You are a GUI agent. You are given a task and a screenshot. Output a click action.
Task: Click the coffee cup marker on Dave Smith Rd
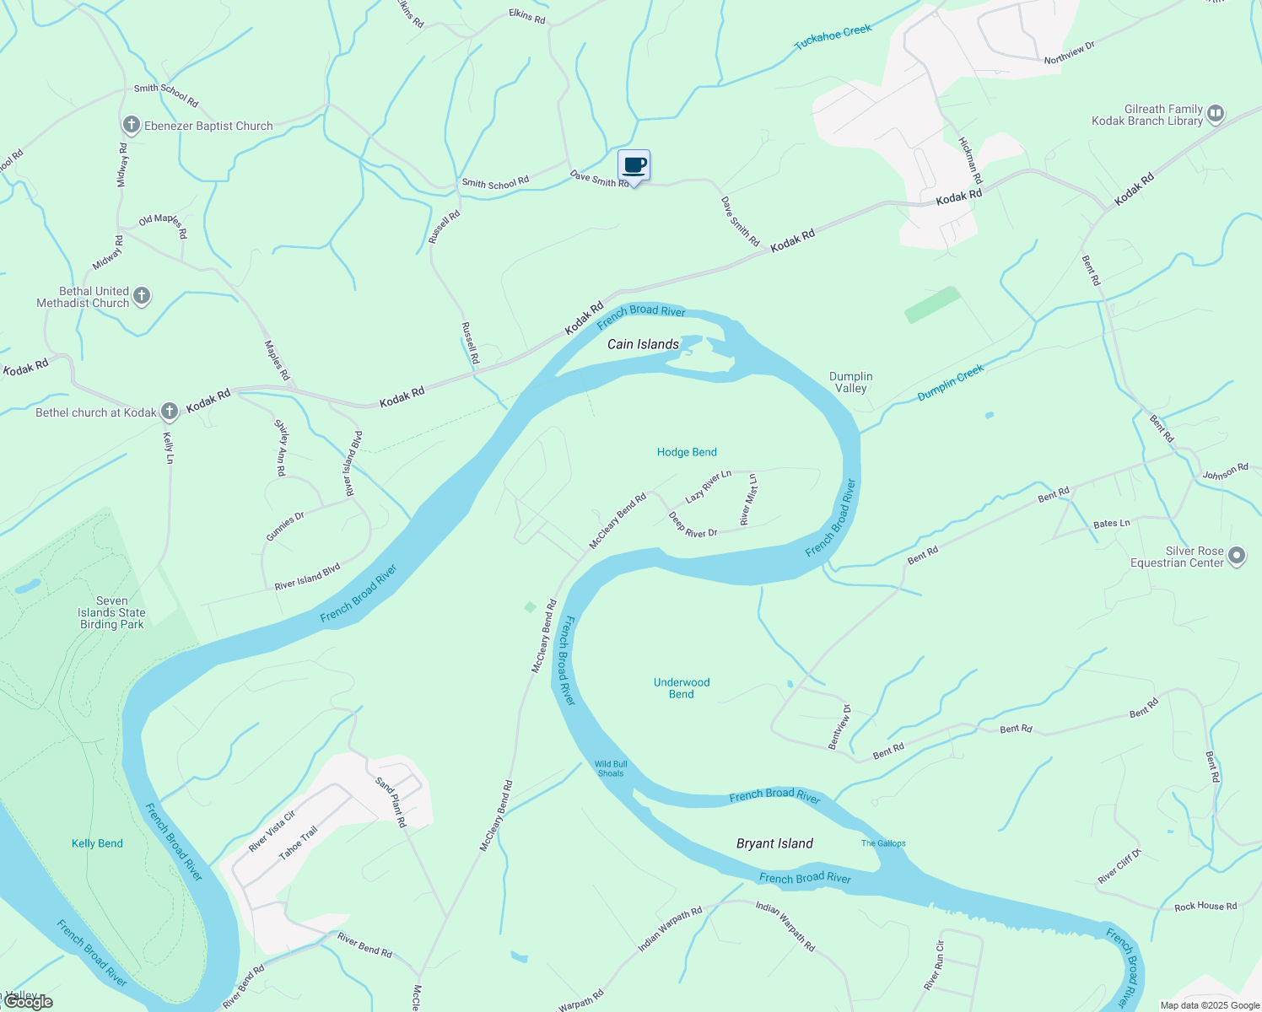pyautogui.click(x=634, y=165)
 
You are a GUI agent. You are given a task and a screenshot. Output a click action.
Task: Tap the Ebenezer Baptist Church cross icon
pyautogui.click(x=131, y=126)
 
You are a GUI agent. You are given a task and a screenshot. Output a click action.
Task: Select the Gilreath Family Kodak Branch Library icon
pyautogui.click(x=1216, y=114)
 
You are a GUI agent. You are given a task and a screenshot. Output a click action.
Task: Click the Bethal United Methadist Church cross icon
pyautogui.click(x=142, y=296)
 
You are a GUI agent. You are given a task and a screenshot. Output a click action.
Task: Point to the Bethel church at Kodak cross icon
pyautogui.click(x=170, y=412)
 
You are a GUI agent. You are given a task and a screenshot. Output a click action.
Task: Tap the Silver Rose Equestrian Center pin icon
pyautogui.click(x=1237, y=556)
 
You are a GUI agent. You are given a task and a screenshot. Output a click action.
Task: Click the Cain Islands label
pyautogui.click(x=644, y=344)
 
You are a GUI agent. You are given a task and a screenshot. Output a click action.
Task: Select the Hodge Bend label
pyautogui.click(x=687, y=452)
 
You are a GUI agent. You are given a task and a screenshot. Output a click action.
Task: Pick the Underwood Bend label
pyautogui.click(x=682, y=688)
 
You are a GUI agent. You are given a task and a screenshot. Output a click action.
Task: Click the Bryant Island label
pyautogui.click(x=774, y=843)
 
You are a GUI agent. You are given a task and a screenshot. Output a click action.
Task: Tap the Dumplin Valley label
pyautogui.click(x=850, y=382)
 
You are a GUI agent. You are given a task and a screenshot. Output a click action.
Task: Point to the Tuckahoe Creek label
pyautogui.click(x=833, y=37)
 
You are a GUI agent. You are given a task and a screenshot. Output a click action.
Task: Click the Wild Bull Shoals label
pyautogui.click(x=611, y=768)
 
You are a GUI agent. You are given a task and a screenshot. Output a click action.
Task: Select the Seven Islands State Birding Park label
pyautogui.click(x=112, y=613)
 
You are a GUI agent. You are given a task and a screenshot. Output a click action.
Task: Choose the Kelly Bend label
pyautogui.click(x=97, y=843)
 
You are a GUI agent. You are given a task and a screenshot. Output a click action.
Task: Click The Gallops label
pyautogui.click(x=883, y=843)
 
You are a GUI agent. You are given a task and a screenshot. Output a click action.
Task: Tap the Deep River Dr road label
pyautogui.click(x=693, y=525)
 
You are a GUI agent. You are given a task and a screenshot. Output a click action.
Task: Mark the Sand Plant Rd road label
pyautogui.click(x=391, y=802)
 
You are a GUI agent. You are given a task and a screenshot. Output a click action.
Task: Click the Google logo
pyautogui.click(x=28, y=1002)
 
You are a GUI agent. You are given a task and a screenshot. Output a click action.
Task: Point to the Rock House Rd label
pyautogui.click(x=1205, y=907)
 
